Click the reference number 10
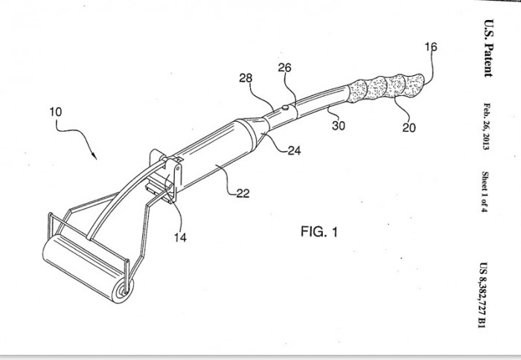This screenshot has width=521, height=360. coord(56,112)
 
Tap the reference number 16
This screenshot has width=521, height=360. coord(431,47)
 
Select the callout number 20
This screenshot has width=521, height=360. coord(409,127)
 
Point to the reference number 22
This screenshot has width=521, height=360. coord(243,193)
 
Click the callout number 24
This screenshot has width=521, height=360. coord(294,150)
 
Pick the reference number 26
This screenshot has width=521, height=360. coord(284,68)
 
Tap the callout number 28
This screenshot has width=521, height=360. coord(246,78)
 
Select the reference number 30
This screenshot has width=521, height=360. coord(338,126)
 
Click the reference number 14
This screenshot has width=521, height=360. coord(180,237)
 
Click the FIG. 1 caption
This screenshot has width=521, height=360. coord(319,231)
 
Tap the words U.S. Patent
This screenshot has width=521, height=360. coord(488,48)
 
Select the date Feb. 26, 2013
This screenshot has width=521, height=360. coord(486,126)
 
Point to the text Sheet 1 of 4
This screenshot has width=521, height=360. coord(485,192)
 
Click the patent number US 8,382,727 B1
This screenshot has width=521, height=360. coord(484,295)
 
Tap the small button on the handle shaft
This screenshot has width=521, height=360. coord(285,107)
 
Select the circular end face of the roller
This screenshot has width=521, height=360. coord(123,291)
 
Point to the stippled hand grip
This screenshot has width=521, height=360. coord(386,87)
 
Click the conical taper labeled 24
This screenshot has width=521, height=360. coord(257,132)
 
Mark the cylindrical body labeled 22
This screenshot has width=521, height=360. coord(213,156)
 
